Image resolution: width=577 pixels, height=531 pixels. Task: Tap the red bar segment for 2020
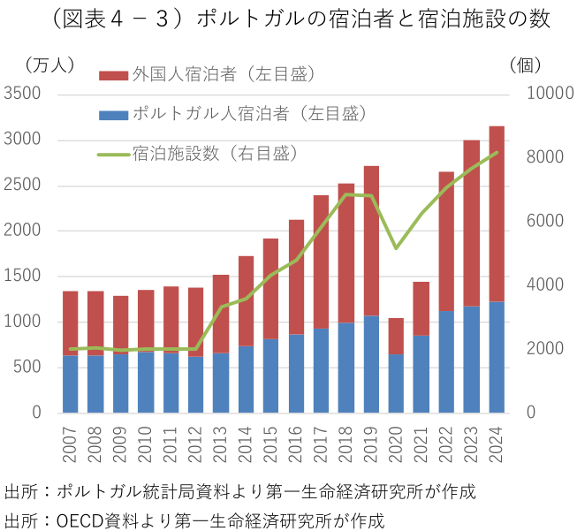click(x=397, y=337)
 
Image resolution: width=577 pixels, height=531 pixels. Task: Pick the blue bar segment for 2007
click(x=71, y=384)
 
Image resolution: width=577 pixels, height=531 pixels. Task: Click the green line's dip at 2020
click(x=397, y=247)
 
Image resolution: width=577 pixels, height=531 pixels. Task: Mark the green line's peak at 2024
click(x=497, y=152)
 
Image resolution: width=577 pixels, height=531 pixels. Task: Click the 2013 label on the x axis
click(x=221, y=442)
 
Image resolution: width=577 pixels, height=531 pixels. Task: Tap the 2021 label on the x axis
click(x=421, y=442)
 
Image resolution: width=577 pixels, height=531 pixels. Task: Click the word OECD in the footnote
click(x=77, y=520)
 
